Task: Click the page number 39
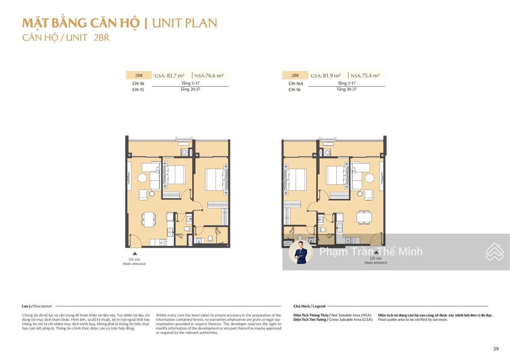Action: [x=495, y=349]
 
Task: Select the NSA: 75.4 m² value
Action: [x=365, y=76]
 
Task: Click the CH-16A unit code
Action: [x=296, y=84]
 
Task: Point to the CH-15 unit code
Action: [x=138, y=90]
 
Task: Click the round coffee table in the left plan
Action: [x=141, y=178]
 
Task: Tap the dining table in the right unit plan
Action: [x=364, y=217]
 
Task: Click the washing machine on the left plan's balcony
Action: [x=185, y=153]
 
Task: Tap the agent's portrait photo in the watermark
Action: [x=301, y=252]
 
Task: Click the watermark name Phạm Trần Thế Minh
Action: [x=371, y=252]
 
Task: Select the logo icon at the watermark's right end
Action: [x=494, y=252]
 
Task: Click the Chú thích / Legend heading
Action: [x=309, y=306]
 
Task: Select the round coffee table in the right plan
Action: [x=369, y=178]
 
